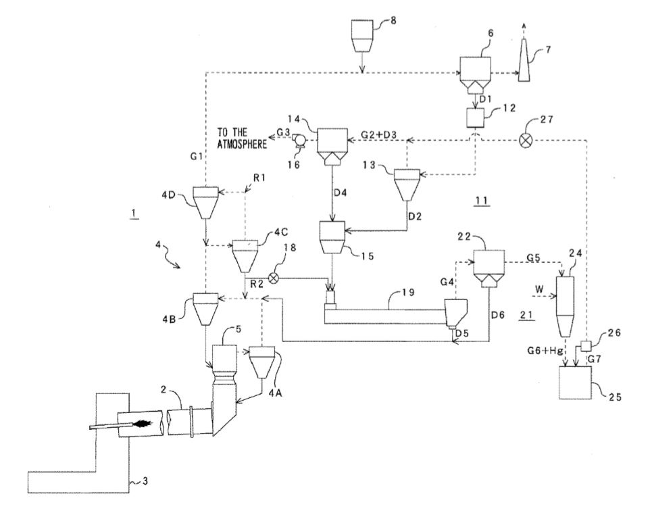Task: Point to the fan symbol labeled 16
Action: click(300, 141)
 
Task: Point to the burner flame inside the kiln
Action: click(143, 425)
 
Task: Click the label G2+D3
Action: click(377, 135)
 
